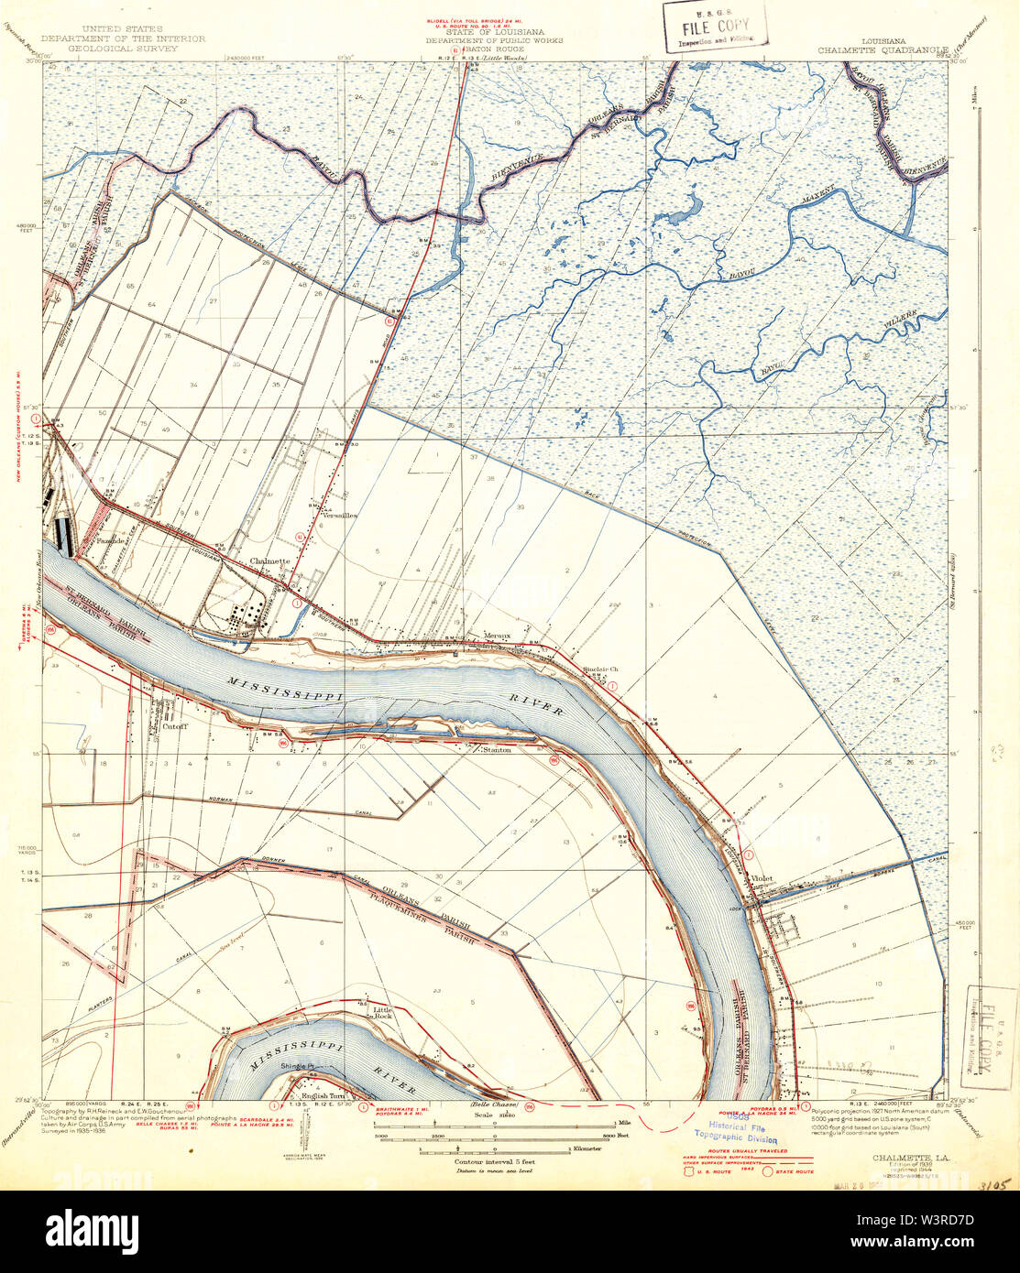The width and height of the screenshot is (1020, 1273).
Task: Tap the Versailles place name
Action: coord(338,516)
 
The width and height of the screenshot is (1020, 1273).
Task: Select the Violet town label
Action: coord(762,878)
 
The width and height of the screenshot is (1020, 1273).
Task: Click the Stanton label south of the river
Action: coord(496,750)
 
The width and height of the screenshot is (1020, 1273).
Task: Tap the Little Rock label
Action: coord(382,1013)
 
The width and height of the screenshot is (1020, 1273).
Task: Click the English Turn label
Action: coord(321,1096)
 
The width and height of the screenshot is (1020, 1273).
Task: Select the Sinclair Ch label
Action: coord(601,668)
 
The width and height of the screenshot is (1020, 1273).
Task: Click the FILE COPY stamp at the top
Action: coord(714,26)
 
